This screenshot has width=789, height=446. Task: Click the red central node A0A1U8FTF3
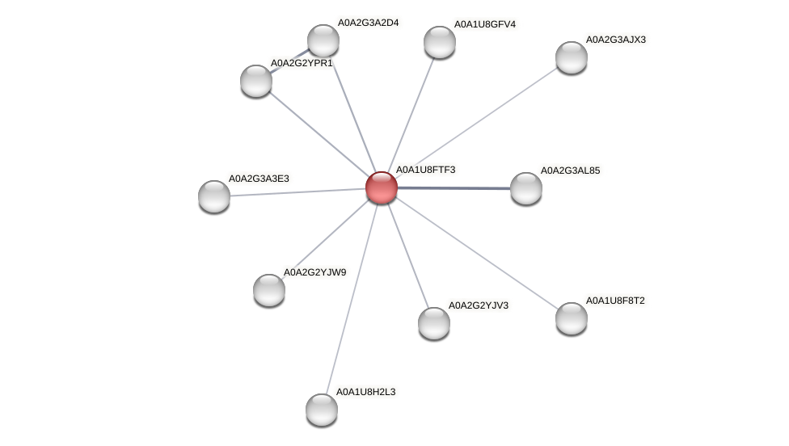click(381, 187)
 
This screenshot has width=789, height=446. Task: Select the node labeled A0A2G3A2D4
click(323, 40)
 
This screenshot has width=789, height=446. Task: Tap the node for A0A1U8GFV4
click(440, 42)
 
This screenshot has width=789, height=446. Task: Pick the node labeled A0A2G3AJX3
click(572, 57)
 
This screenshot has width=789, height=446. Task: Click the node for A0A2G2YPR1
click(256, 80)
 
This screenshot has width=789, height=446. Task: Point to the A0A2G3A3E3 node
click(214, 196)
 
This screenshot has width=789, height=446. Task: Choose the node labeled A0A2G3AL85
click(526, 188)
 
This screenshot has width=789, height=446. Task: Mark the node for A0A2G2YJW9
click(269, 289)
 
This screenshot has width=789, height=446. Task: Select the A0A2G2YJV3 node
click(434, 322)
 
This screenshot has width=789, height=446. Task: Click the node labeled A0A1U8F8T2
click(572, 318)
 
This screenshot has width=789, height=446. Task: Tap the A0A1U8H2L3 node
click(322, 409)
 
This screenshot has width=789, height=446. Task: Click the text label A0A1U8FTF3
click(425, 170)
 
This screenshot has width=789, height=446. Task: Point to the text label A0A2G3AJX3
click(616, 39)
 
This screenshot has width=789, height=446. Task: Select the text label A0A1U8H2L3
click(366, 392)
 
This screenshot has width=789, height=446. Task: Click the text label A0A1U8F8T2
click(616, 301)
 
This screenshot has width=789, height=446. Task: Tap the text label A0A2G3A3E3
click(259, 178)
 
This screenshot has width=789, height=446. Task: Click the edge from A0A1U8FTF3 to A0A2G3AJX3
click(476, 122)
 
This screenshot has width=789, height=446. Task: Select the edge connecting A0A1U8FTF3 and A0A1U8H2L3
click(352, 298)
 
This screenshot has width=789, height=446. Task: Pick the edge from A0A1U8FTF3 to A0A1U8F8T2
click(476, 252)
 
